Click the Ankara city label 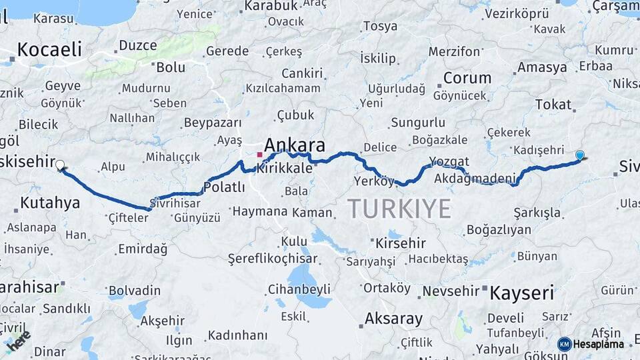[x=295, y=145]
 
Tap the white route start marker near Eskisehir [x=60, y=165]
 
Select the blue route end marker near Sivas [x=580, y=155]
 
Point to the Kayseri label [x=522, y=293]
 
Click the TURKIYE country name [x=399, y=209]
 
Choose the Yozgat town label [x=449, y=162]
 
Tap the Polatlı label [x=224, y=187]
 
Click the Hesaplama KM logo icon [x=565, y=344]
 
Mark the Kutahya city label [x=50, y=203]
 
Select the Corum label [x=467, y=78]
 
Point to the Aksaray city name [x=394, y=319]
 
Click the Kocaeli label [x=49, y=49]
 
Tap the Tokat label [x=553, y=104]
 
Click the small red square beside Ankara [x=259, y=155]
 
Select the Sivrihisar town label [x=175, y=202]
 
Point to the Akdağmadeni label [x=475, y=179]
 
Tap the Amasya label [x=542, y=67]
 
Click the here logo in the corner [x=18, y=339]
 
